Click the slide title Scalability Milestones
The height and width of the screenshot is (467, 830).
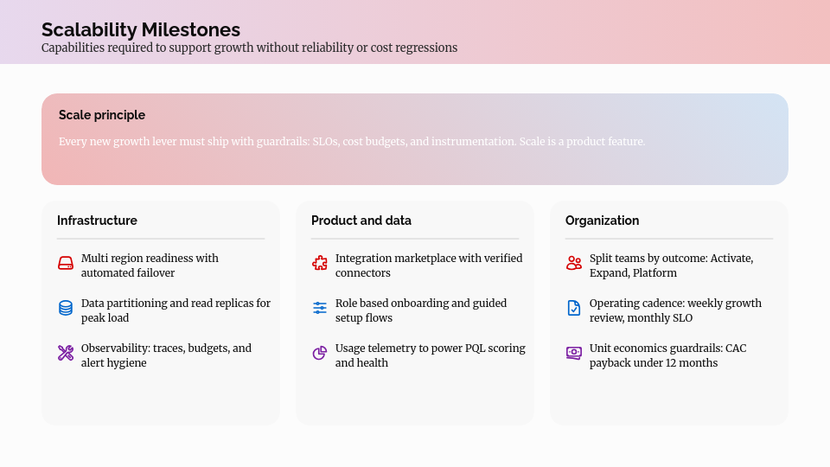tap(141, 30)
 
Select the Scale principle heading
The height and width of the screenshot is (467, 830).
tap(102, 115)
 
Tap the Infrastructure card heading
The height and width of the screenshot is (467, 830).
tap(97, 221)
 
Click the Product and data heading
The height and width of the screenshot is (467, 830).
tap(361, 221)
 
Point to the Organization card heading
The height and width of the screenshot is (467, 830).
tap(602, 221)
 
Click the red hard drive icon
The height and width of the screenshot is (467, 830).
tap(66, 263)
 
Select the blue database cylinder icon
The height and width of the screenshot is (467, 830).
tap(66, 308)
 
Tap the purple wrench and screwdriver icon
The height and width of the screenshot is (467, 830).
tap(66, 353)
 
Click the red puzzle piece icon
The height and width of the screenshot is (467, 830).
tap(320, 263)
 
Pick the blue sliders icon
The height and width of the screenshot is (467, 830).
tap(320, 308)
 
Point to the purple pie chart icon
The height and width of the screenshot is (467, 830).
tap(320, 353)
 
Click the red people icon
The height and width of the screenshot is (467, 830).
tap(574, 263)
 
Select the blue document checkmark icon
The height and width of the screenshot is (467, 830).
tap(574, 308)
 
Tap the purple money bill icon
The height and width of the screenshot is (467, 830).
tap(574, 353)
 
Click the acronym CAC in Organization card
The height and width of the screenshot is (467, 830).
tap(736, 349)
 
